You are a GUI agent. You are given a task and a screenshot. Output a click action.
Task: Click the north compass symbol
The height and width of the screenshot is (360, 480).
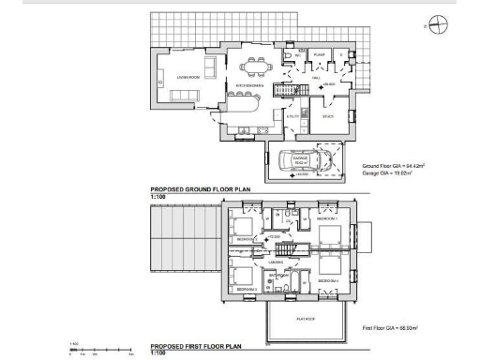point(438,25)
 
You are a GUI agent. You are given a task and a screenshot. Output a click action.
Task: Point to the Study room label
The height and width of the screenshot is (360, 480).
point(327,116)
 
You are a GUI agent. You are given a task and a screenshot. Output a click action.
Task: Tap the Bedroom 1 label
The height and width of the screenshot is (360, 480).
point(326,217)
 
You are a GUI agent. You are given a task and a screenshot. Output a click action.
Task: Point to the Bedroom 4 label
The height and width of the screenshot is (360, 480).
point(326,280)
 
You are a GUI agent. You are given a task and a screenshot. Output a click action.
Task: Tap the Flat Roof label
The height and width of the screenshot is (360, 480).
point(306,317)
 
